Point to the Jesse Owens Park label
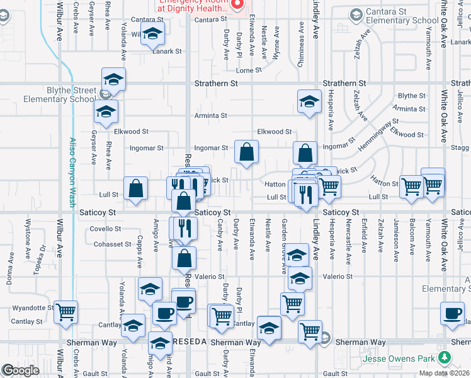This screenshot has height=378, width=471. pos(400,359)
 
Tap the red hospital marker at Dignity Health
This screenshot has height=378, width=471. pos(237,5)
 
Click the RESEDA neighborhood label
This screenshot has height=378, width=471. pos(188,341)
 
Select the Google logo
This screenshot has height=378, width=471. pos(20,370)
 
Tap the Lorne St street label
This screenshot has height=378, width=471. pos(249,71)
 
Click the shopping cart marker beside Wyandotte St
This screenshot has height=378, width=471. pos(66,311)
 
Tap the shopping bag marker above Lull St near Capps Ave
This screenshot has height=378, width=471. pos(136,188)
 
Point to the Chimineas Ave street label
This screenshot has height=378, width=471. pos(302,37)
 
